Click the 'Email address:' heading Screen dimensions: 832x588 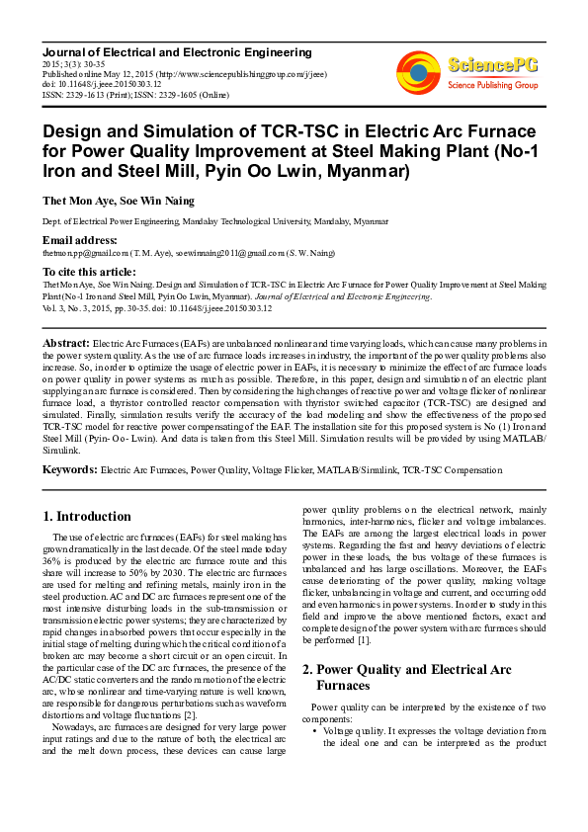pyautogui.click(x=79, y=241)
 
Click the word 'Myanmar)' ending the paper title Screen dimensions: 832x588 pyautogui.click(x=368, y=171)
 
